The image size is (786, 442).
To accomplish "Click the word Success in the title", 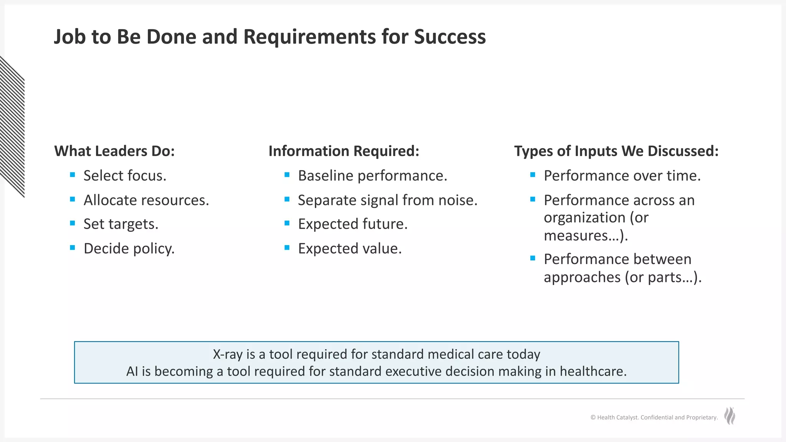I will pos(449,37).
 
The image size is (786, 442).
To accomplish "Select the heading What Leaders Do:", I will pos(114,151).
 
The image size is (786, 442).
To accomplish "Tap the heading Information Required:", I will pos(343,151).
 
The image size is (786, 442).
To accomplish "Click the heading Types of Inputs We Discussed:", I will pos(616,151).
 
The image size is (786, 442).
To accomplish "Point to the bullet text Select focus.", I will pos(125,176).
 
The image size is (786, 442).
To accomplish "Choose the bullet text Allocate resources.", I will pos(146,200).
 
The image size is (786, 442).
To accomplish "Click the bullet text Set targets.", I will pos(121,224).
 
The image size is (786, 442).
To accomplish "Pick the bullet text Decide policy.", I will pos(129,249).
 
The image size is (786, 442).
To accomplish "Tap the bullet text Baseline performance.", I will pos(372,176).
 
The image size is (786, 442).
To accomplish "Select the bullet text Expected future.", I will pos(352,224).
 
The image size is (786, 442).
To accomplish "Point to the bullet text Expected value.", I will pos(350,249).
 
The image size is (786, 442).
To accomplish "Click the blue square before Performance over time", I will pos(533,175).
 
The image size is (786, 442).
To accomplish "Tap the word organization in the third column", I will pos(585,218).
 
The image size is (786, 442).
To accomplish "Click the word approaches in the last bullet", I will pos(582,277).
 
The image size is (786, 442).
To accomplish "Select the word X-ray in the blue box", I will pos(228,354).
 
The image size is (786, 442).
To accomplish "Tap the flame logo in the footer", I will pos(730,416).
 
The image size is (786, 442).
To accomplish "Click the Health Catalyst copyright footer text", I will pos(654,417).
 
